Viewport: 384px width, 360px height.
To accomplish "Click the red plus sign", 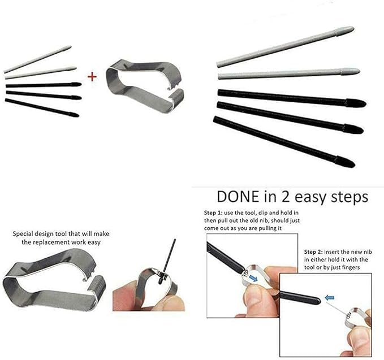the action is [92, 77].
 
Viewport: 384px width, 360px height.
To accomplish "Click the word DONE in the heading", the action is [238, 197].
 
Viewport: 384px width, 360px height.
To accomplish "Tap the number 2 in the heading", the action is [285, 197].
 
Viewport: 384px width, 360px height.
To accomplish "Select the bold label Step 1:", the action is [213, 212].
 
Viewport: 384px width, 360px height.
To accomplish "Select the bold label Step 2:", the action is [313, 252].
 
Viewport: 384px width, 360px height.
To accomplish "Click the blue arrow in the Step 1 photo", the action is [253, 277].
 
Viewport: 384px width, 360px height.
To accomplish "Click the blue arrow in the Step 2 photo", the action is [329, 298].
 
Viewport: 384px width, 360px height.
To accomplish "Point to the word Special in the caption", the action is [23, 234].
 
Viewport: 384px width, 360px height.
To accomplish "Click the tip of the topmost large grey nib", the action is [353, 28].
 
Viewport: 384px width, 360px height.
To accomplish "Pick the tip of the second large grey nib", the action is [359, 71].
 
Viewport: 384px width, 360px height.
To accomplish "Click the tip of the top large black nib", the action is [366, 104].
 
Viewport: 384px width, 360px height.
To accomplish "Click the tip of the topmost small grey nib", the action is [71, 46].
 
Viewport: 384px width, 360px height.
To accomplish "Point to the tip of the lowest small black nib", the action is [79, 115].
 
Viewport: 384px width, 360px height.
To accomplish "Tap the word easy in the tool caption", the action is [93, 242].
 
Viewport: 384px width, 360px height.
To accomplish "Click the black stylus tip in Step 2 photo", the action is [318, 301].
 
